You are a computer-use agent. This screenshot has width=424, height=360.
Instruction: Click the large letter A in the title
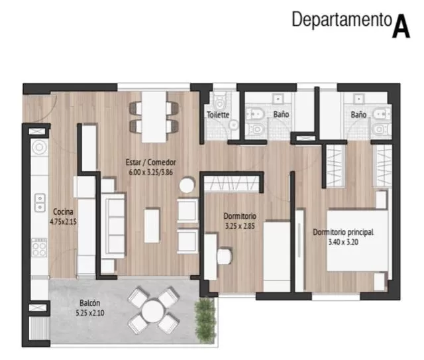401,25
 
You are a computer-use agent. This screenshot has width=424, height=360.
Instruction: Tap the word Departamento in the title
342,19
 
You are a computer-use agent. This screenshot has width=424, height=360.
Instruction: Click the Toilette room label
218,115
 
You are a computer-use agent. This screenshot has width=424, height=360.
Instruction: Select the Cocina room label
63,211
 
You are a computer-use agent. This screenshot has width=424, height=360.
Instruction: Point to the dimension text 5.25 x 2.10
90,313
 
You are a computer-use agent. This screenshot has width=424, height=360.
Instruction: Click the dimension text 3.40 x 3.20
343,242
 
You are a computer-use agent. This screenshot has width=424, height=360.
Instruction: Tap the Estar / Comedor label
150,162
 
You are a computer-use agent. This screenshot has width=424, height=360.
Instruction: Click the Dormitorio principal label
343,232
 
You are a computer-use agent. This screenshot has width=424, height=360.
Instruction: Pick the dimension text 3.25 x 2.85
240,225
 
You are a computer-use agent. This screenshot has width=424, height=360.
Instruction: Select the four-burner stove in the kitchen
39,247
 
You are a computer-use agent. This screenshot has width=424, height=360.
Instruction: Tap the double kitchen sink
40,203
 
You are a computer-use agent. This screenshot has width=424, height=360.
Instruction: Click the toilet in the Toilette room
219,101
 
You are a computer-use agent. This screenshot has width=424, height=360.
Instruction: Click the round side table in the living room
187,185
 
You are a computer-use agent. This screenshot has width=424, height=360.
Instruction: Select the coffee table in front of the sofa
152,225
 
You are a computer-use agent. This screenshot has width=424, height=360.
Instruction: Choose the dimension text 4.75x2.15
63,221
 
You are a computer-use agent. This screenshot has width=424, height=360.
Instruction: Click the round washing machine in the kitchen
40,148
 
